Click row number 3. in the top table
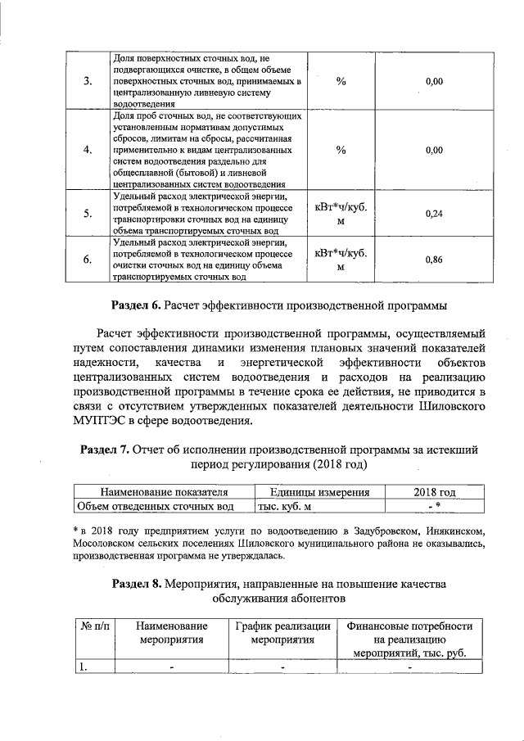click(x=88, y=82)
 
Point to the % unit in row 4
click(x=341, y=151)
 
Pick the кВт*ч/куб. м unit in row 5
click(x=341, y=213)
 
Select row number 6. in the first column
click(x=88, y=260)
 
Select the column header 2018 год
click(x=434, y=492)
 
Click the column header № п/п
click(x=94, y=626)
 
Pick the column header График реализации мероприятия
click(x=282, y=634)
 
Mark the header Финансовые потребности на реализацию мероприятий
click(x=409, y=640)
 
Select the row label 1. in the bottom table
click(x=83, y=666)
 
